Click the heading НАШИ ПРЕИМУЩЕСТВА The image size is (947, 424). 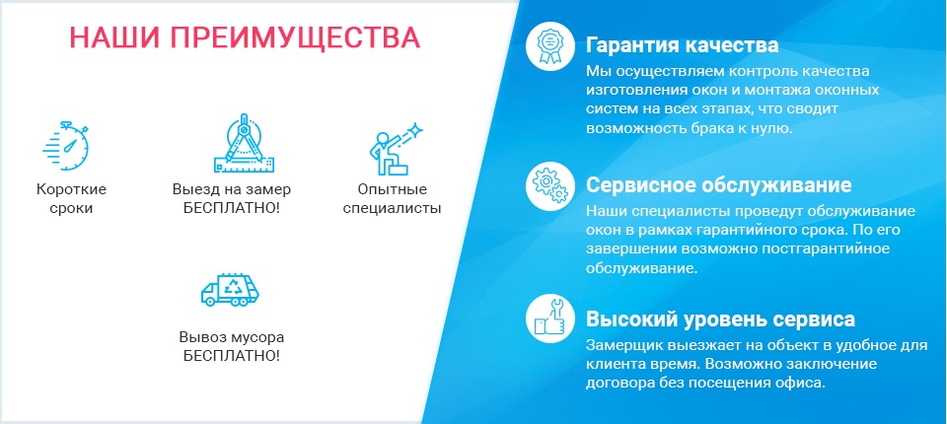click(x=245, y=38)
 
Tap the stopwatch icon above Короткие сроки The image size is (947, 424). click(x=66, y=146)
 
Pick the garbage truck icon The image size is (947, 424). click(x=230, y=290)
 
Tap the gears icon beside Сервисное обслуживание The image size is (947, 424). click(x=549, y=185)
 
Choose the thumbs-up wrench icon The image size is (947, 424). click(x=549, y=319)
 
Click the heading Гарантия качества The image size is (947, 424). click(x=682, y=46)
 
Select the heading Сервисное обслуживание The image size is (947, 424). click(x=719, y=184)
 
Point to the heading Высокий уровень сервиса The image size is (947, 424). click(x=720, y=319)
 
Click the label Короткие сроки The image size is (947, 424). click(x=71, y=199)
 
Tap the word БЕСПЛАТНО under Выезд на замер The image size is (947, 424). click(x=231, y=208)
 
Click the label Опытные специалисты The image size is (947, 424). click(x=392, y=199)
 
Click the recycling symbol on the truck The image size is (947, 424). click(x=232, y=286)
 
